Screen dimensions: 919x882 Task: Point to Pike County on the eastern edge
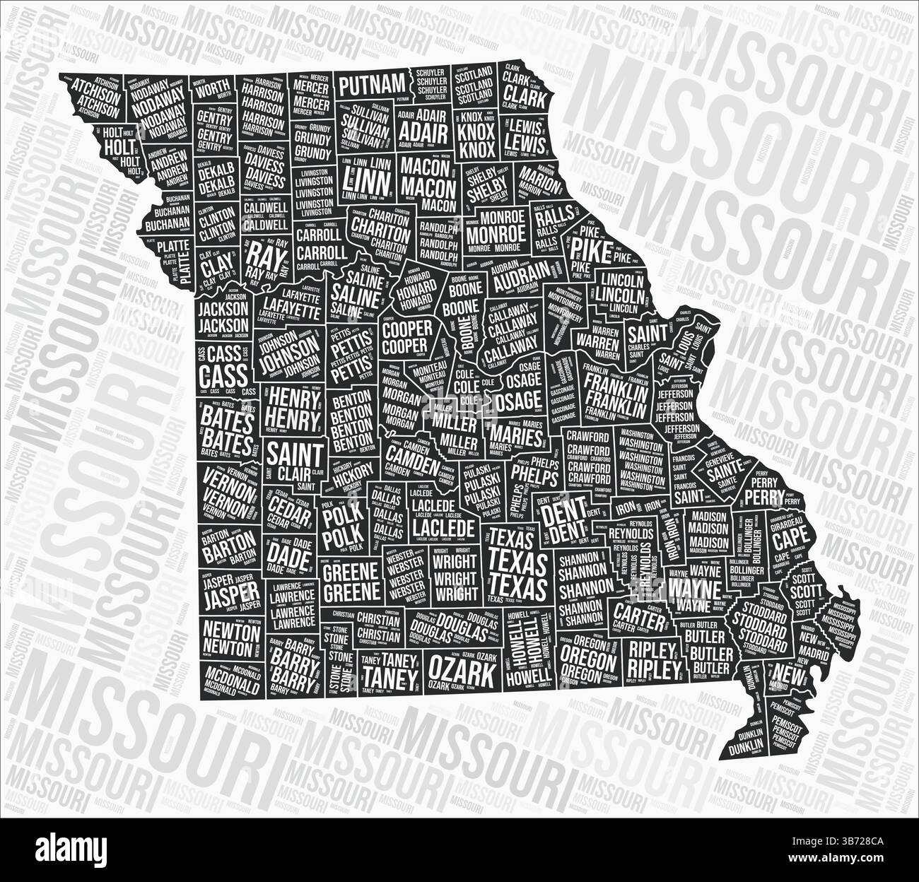click(x=585, y=247)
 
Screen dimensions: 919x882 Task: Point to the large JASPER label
click(x=221, y=599)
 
